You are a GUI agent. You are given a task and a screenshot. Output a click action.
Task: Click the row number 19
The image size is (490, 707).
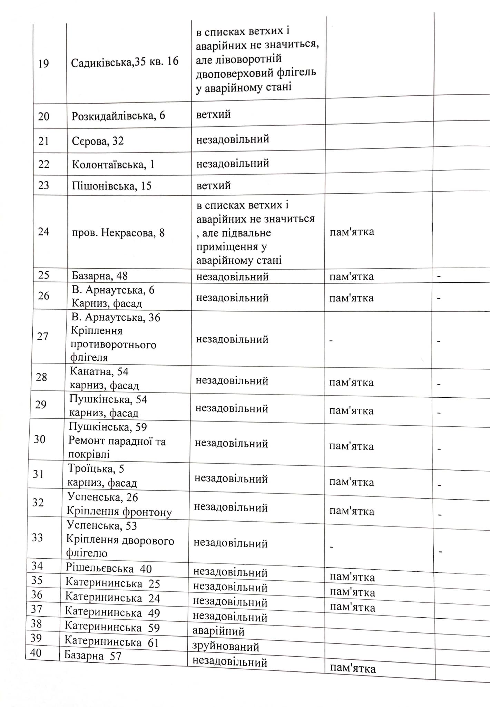(43, 64)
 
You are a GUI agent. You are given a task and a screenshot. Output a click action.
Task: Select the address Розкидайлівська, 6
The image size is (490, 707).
(118, 116)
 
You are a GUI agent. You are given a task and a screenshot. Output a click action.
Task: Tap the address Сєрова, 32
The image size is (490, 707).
(98, 141)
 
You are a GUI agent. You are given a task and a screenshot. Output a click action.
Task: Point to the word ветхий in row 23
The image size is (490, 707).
(213, 186)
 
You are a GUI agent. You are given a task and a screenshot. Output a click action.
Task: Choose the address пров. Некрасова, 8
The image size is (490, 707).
(118, 233)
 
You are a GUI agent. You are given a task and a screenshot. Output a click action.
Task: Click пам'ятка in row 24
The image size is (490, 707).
(352, 232)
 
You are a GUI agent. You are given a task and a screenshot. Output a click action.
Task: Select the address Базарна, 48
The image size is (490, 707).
(99, 276)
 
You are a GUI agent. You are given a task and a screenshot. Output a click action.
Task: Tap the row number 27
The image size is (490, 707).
(42, 336)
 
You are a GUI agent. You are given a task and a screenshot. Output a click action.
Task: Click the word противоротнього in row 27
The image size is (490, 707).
(114, 345)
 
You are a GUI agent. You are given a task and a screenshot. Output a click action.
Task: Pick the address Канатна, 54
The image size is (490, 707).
(99, 372)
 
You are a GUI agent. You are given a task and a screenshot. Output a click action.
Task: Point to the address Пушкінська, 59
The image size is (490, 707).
(108, 427)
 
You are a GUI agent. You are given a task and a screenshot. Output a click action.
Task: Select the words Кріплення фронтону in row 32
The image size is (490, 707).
(119, 512)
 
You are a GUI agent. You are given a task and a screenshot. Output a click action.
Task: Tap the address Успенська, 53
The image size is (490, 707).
(102, 526)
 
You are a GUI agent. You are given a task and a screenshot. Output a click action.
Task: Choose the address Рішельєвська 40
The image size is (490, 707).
(108, 569)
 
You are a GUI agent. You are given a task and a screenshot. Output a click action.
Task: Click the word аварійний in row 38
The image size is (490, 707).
(218, 631)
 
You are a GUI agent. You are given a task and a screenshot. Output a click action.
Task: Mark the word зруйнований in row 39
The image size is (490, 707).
(225, 647)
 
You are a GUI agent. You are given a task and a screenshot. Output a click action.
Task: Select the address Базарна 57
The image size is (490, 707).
(92, 656)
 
